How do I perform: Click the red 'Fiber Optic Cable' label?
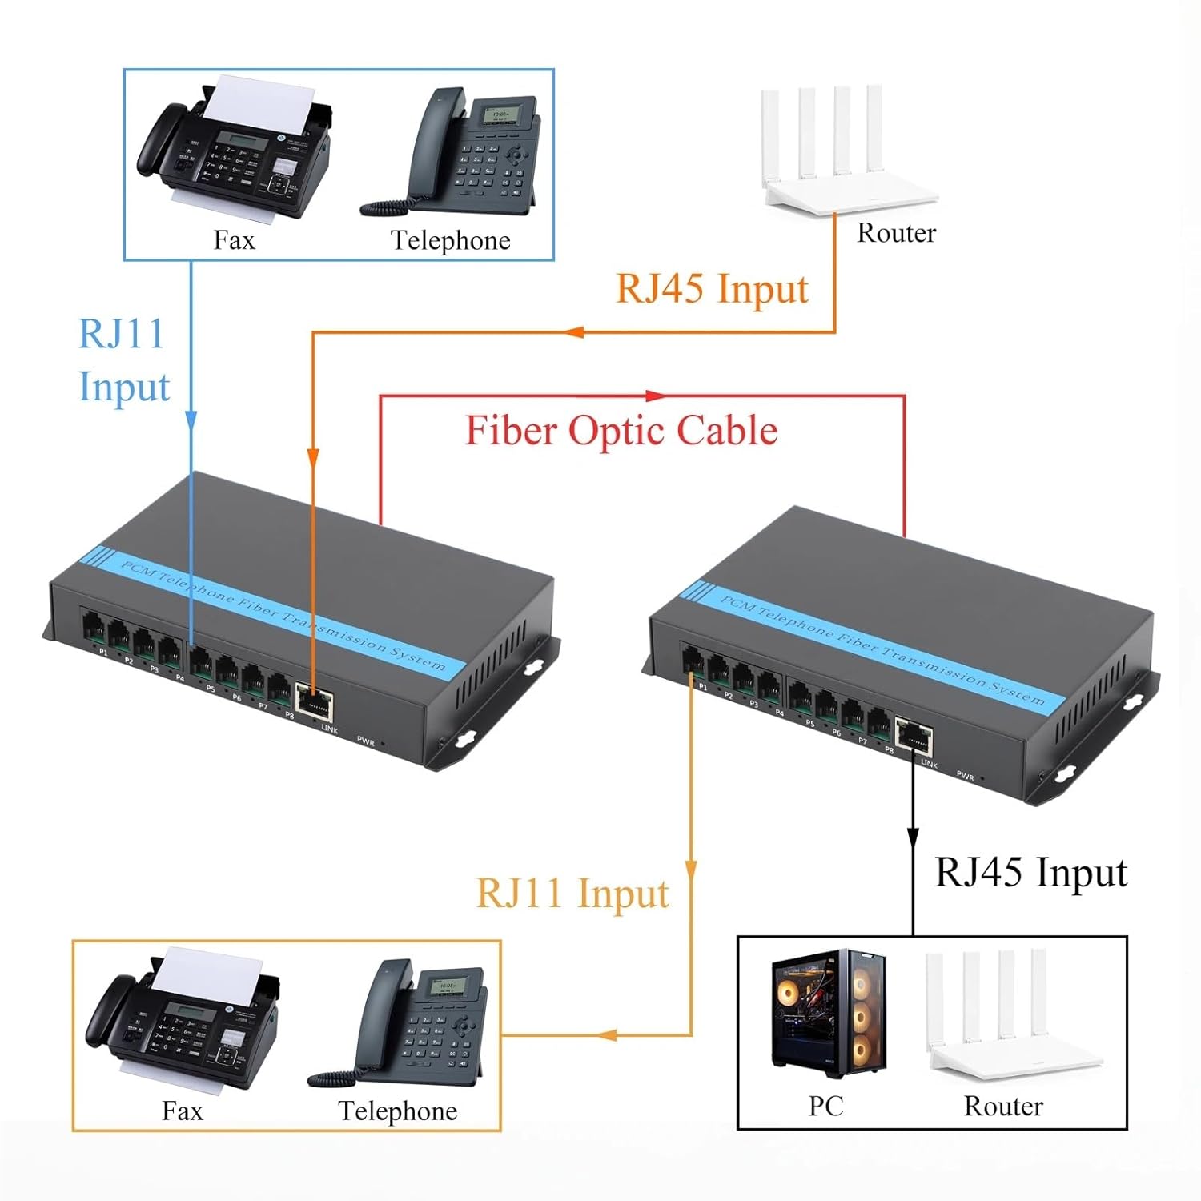[x=621, y=431]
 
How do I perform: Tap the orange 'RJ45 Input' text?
[x=712, y=288]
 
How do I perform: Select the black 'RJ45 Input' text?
[x=1030, y=872]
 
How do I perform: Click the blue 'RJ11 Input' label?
[x=123, y=360]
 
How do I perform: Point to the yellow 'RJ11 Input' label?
[x=572, y=893]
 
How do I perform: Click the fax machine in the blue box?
[x=232, y=148]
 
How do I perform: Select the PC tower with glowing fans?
[x=829, y=1013]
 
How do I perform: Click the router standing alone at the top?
[x=841, y=152]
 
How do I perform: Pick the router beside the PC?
[x=1009, y=1017]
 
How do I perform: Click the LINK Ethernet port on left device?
[x=315, y=700]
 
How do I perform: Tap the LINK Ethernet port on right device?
[x=914, y=736]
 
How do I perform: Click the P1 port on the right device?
[x=693, y=664]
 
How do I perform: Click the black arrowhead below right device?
[x=912, y=837]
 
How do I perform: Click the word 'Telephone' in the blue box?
[x=450, y=240]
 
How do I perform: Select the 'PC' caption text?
[x=825, y=1106]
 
